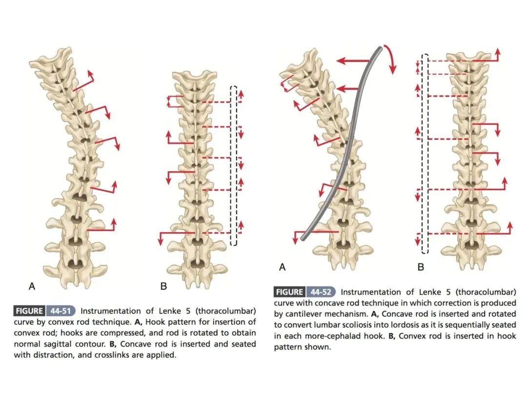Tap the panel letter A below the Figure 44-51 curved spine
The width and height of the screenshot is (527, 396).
coord(32,286)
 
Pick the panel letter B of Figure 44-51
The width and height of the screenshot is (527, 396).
coord(163,286)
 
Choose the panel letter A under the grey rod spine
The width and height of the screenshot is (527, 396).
coord(282,267)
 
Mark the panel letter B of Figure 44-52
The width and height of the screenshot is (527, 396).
coord(421,267)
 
